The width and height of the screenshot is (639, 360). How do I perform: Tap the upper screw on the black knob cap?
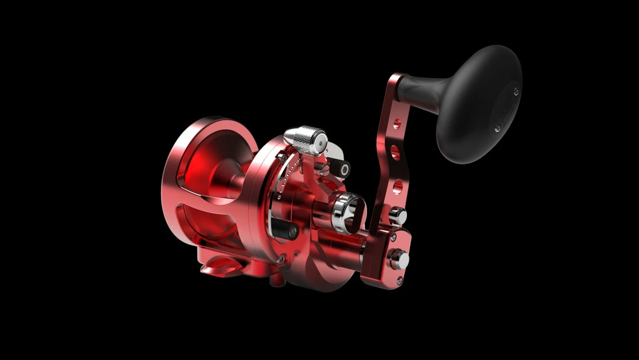pyautogui.click(x=517, y=91)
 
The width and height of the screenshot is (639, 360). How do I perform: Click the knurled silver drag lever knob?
pyautogui.click(x=304, y=140)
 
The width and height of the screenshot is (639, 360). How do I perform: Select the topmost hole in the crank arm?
pyautogui.click(x=396, y=124)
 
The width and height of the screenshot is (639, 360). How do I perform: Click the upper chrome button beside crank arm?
pyautogui.click(x=398, y=216)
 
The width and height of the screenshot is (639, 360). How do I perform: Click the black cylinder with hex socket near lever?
pyautogui.click(x=340, y=169)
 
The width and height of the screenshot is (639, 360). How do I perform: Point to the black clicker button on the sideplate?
pyautogui.click(x=286, y=230)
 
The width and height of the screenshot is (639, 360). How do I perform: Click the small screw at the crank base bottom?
pyautogui.click(x=400, y=280)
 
